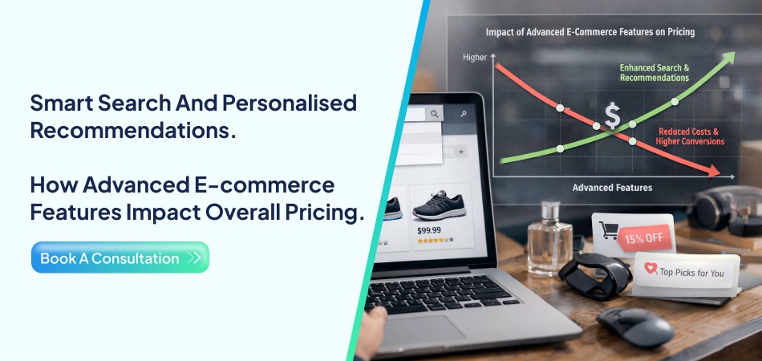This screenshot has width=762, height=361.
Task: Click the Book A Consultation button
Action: click(120, 258)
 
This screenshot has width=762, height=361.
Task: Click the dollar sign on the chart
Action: click(612, 116)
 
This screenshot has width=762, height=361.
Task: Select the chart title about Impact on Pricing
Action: click(590, 32)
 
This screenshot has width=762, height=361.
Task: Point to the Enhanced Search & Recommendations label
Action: click(654, 72)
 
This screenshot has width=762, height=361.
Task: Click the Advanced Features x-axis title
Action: click(612, 188)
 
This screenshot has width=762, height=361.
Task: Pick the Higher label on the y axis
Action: click(475, 58)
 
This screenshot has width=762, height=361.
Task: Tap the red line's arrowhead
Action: click(711, 170)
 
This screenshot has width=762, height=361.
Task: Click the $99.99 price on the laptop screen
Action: click(429, 230)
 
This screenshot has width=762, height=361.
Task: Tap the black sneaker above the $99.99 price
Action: click(440, 208)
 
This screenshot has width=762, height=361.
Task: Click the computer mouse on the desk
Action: click(634, 325)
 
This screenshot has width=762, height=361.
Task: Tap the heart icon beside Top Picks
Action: click(650, 270)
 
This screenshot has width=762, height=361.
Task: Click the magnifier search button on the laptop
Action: click(434, 115)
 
